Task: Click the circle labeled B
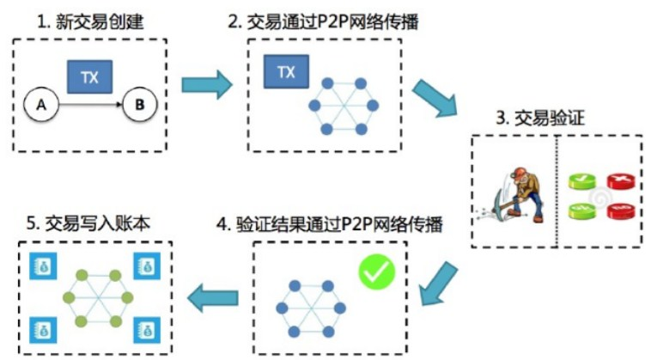[x=136, y=106]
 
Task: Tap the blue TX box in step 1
[x=89, y=77]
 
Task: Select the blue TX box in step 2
[x=286, y=72]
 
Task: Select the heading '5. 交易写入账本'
[x=88, y=226]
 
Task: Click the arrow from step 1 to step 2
[x=207, y=84]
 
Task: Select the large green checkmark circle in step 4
[x=376, y=272]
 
